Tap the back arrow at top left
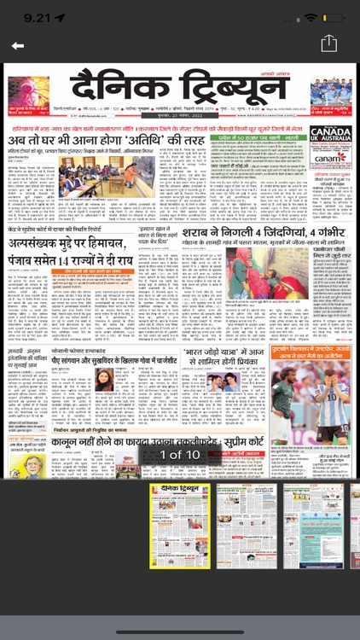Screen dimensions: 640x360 point(17,45)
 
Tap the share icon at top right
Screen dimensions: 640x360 point(328,44)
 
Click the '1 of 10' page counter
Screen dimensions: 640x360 point(179,455)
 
